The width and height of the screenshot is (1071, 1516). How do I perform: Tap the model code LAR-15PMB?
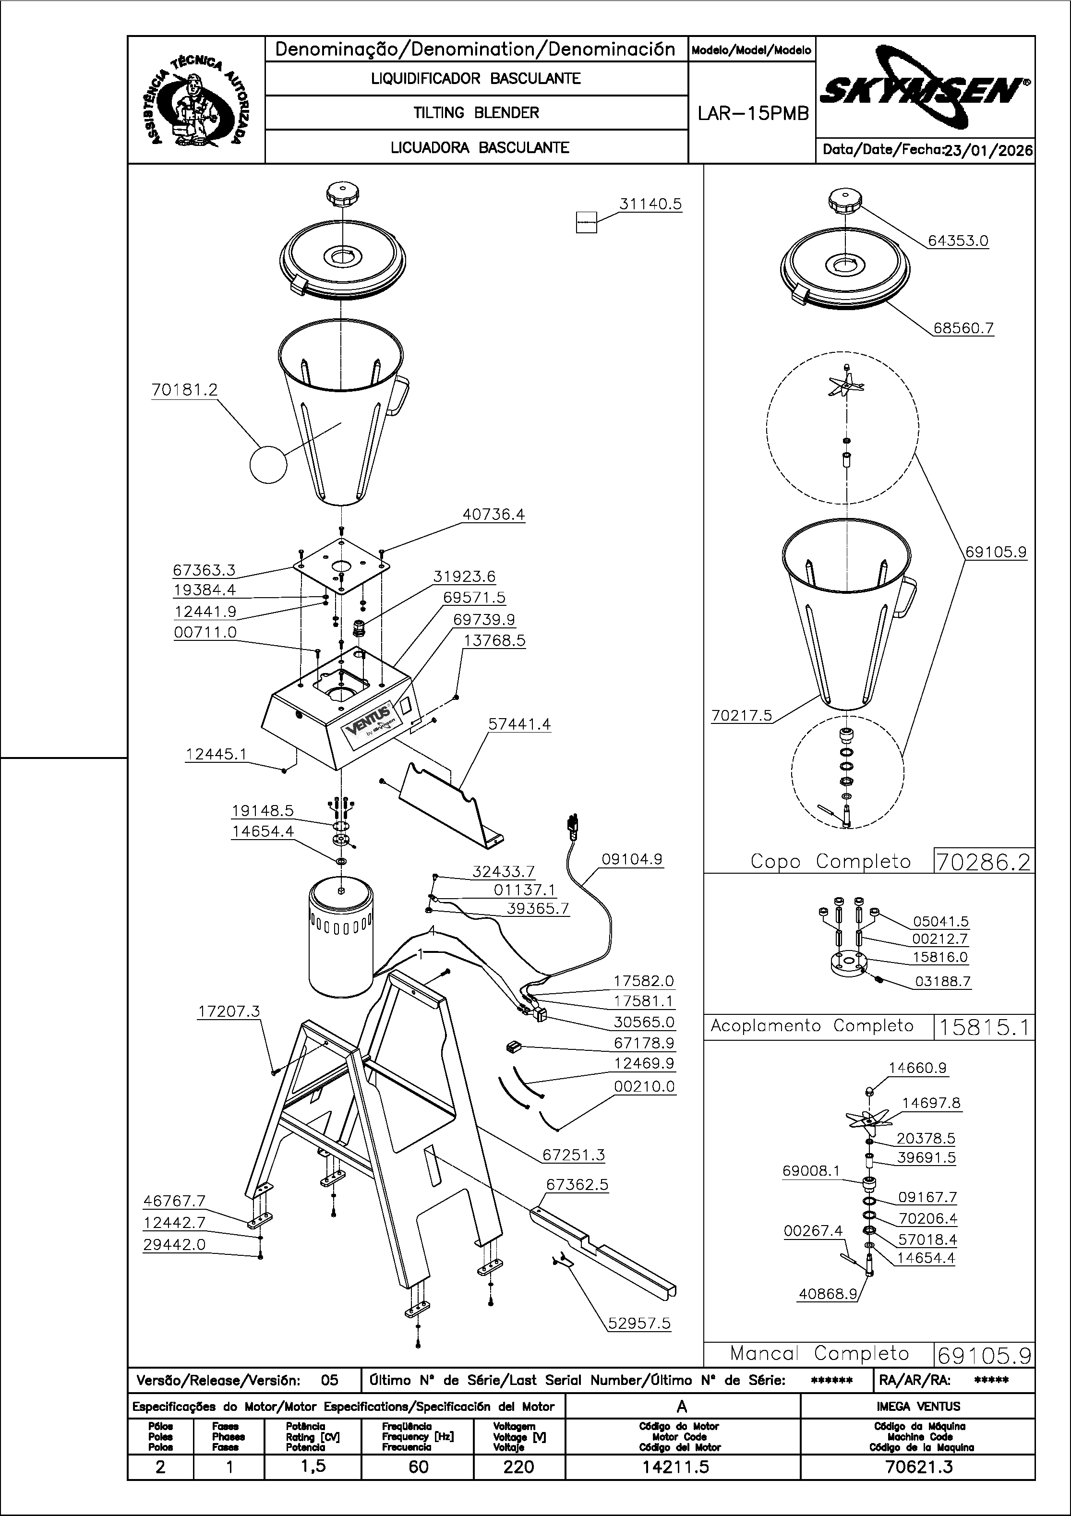753,114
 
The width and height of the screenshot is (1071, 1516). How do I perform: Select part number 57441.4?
519,724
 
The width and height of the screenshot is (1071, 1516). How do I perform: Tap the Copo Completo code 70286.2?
983,862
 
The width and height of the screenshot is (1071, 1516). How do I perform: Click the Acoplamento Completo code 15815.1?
983,1027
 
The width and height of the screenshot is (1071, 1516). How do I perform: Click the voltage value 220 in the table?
518,1467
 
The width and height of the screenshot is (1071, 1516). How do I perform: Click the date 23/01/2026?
988,150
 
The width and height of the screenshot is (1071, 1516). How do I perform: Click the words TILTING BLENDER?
476,113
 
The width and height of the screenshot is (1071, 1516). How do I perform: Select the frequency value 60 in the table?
418,1467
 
